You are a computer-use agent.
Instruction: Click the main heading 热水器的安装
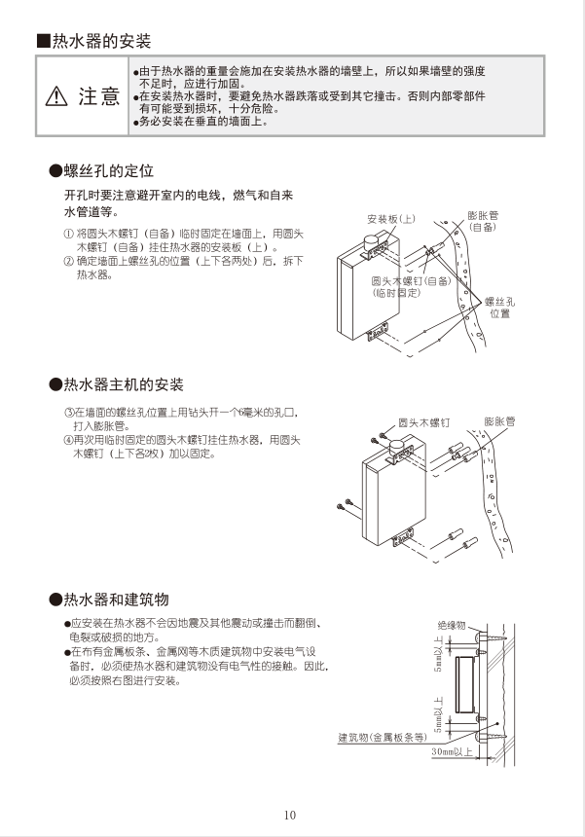(101, 41)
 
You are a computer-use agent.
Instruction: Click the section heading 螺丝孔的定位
(108, 171)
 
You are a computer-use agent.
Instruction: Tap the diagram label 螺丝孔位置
(500, 308)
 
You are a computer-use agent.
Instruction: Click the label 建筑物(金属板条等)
(382, 737)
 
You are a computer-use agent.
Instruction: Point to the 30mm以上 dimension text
(452, 752)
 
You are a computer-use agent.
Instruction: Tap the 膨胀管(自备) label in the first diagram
(483, 220)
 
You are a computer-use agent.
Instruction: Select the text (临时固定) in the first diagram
(396, 292)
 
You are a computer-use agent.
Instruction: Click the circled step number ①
(68, 234)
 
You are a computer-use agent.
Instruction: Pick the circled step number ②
(68, 262)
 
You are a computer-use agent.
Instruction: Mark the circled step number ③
(68, 413)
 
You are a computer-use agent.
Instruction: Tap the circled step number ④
(68, 440)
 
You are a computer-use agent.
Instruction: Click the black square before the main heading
(42, 41)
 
